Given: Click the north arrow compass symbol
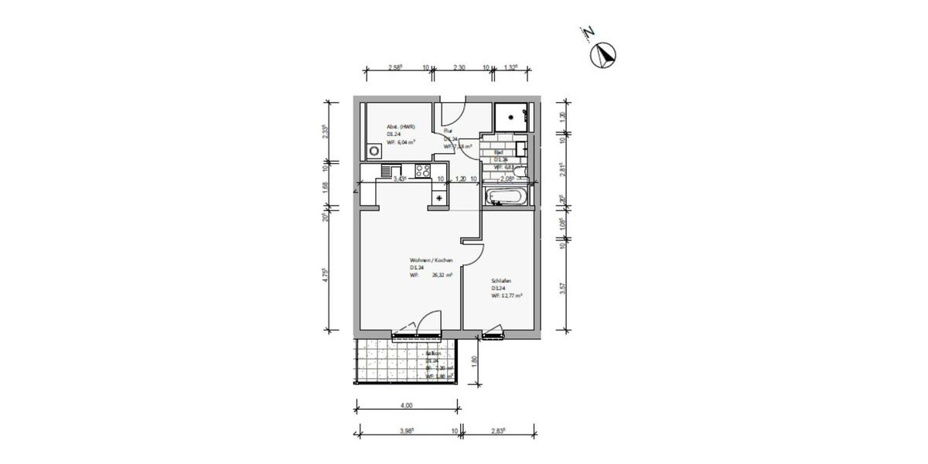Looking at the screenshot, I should pyautogui.click(x=603, y=55).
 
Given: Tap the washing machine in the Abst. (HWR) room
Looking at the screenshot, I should pyautogui.click(x=375, y=152).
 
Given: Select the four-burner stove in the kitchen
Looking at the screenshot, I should pyautogui.click(x=423, y=172).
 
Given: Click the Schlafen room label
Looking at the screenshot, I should pyautogui.click(x=501, y=281).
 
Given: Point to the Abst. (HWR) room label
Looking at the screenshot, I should pyautogui.click(x=401, y=127).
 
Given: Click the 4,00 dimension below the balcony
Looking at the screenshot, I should pyautogui.click(x=407, y=405).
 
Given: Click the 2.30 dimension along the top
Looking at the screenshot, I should pyautogui.click(x=459, y=68).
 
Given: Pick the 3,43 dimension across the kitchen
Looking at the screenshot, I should pyautogui.click(x=400, y=179).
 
